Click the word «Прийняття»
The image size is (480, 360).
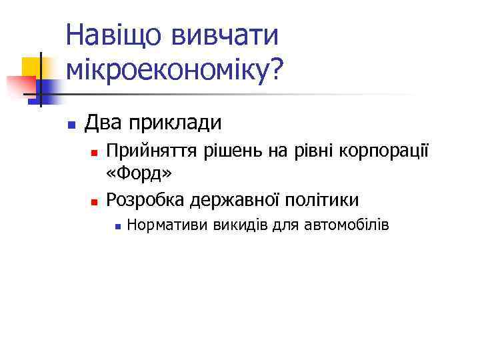[x=151, y=152]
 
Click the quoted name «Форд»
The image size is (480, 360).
[x=139, y=174]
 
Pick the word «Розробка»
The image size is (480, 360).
[x=145, y=199]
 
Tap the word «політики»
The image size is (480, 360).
[x=321, y=199]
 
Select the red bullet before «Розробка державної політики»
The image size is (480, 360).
[x=95, y=201]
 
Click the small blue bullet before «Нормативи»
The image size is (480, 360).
[x=117, y=227]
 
